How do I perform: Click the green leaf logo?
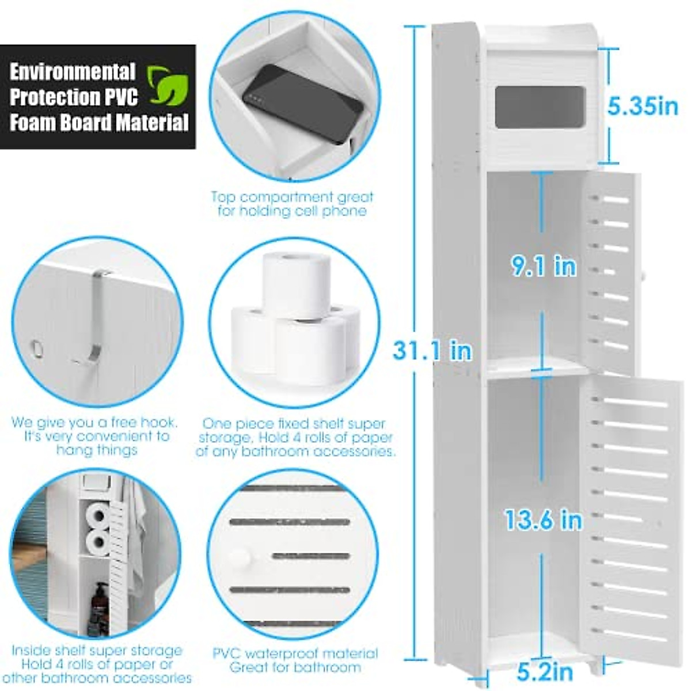(x=168, y=87)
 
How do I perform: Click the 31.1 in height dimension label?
(x=432, y=350)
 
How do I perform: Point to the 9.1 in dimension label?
(x=544, y=266)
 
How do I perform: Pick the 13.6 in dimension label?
(x=544, y=520)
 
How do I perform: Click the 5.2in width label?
(x=544, y=671)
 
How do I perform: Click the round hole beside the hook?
(x=36, y=348)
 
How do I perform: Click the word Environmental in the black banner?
(x=73, y=72)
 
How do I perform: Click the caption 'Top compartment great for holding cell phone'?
(x=292, y=204)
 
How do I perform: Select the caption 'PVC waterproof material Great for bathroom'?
(x=295, y=660)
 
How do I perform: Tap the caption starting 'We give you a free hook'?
(x=95, y=436)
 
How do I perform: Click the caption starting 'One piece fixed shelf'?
(x=295, y=438)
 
